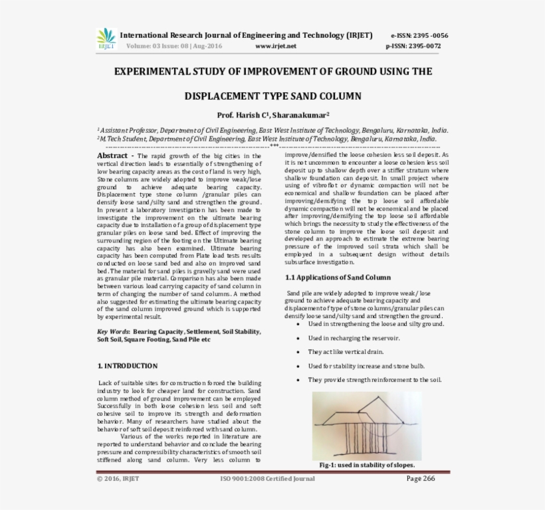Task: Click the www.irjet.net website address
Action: click(x=275, y=46)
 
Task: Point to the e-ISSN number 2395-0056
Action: click(x=419, y=35)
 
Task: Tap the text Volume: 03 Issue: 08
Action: click(x=158, y=46)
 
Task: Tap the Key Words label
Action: click(x=113, y=331)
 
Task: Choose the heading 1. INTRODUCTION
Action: click(x=127, y=366)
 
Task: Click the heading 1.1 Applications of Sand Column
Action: click(x=338, y=277)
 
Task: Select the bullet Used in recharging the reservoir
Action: click(x=354, y=338)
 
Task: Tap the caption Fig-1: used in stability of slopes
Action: click(x=367, y=465)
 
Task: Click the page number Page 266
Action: click(x=420, y=478)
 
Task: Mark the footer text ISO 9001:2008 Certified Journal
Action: click(x=267, y=478)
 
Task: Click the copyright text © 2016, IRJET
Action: click(x=118, y=478)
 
